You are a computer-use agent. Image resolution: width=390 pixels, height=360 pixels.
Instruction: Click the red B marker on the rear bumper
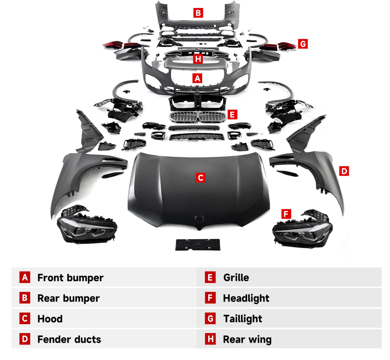198,13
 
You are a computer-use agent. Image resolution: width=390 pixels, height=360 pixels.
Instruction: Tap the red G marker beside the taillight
303,43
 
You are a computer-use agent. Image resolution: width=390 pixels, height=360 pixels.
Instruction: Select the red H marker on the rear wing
198,59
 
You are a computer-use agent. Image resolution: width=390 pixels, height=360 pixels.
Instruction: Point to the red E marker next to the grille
233,114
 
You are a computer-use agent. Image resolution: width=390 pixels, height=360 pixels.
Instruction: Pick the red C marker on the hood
200,177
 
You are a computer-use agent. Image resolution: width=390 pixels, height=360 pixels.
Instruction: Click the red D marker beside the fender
344,171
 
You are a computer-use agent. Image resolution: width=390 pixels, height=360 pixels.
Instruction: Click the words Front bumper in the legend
70,278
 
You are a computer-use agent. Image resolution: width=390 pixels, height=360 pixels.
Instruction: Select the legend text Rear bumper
69,299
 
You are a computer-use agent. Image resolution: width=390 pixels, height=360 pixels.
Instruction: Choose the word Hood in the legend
50,319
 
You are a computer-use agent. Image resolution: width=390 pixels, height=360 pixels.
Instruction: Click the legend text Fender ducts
69,339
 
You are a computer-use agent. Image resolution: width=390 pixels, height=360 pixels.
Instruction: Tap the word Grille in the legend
236,278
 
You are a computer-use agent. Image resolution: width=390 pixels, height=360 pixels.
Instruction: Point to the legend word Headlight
246,299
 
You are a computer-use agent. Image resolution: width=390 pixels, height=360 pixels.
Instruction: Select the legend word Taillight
243,319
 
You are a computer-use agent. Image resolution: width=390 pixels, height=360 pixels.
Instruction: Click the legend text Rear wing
247,339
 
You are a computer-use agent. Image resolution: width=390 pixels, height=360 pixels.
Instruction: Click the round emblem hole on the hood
198,219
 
